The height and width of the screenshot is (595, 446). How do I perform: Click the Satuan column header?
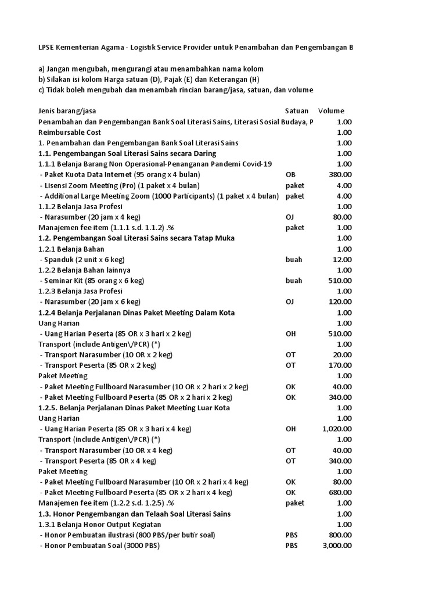click(x=296, y=111)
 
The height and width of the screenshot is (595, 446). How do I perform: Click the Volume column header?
click(x=331, y=111)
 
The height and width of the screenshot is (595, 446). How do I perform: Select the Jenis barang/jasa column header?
click(x=70, y=111)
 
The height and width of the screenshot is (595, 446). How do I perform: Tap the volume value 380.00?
click(x=340, y=174)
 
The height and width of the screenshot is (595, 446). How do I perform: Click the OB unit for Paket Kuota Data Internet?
click(x=291, y=174)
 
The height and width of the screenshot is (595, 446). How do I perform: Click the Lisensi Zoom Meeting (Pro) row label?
click(x=120, y=185)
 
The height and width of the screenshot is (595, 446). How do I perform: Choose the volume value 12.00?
click(x=342, y=260)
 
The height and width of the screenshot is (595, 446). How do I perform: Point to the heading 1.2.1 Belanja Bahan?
click(x=71, y=249)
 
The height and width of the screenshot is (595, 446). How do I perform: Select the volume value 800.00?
click(x=340, y=535)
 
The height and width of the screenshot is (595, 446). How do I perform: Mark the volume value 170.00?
click(x=340, y=365)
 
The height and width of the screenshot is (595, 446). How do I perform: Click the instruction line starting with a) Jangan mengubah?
click(x=151, y=69)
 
